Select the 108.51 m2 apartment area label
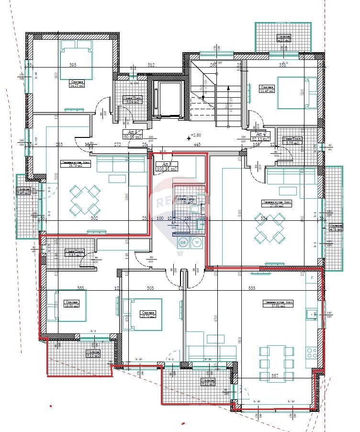[x=164, y=169]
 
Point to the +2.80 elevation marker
[x=197, y=136]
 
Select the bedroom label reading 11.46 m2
[x=267, y=90]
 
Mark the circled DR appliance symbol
[x=182, y=242]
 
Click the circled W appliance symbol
[x=197, y=242]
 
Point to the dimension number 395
[x=73, y=65]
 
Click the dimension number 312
[x=151, y=65]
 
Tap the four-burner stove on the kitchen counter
[x=312, y=353]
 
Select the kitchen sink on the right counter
[x=312, y=315]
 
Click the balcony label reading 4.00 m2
[x=283, y=40]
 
